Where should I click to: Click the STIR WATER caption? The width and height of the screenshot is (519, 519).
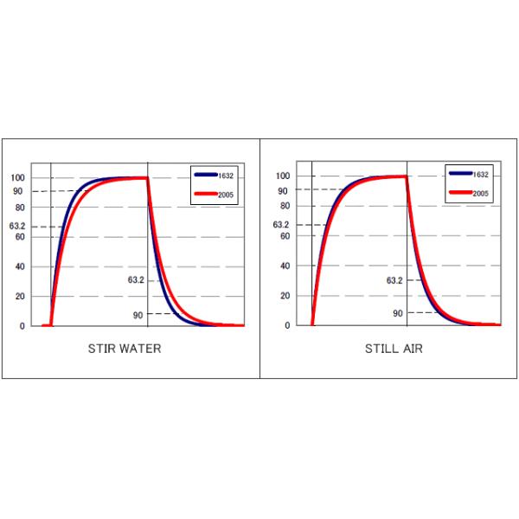(125, 349)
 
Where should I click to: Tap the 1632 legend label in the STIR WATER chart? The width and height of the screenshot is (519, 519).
(227, 175)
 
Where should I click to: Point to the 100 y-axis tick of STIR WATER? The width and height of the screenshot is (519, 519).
(18, 178)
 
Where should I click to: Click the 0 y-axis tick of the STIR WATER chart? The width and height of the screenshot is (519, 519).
(22, 326)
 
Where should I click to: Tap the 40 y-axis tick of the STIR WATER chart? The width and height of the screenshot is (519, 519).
(20, 266)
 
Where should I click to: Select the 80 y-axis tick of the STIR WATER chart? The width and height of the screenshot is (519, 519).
(20, 208)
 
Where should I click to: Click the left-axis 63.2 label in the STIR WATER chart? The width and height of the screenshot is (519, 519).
(18, 227)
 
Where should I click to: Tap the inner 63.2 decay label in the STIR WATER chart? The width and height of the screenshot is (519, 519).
(136, 280)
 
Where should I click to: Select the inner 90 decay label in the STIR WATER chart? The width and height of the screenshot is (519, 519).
(138, 316)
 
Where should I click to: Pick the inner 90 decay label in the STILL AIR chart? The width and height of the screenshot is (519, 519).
(398, 313)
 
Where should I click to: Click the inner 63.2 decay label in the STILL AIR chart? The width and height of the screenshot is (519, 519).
(394, 280)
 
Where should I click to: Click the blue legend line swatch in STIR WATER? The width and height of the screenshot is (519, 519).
(207, 175)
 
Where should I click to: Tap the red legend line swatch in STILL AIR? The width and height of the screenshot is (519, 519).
(460, 194)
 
